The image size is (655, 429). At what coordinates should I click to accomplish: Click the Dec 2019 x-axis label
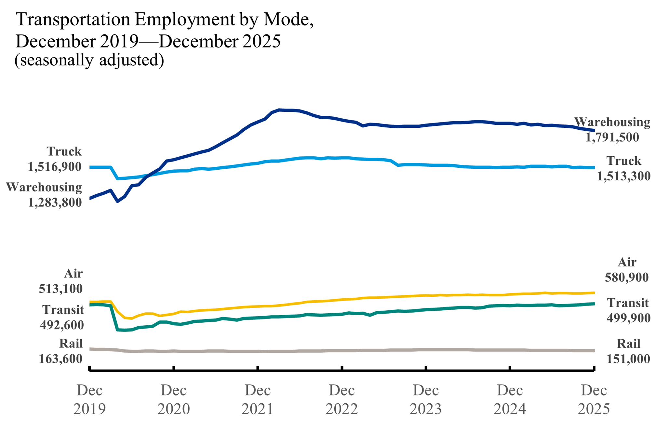click(89, 399)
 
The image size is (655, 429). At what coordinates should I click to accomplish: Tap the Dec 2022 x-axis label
click(341, 399)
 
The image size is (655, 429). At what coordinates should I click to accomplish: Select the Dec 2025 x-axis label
click(594, 399)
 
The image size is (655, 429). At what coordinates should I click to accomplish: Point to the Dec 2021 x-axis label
click(258, 399)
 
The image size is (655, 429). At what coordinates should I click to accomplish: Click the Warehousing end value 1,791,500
click(612, 137)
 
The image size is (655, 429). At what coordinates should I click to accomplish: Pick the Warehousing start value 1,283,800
click(55, 202)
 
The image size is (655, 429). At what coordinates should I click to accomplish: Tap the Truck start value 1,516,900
click(55, 167)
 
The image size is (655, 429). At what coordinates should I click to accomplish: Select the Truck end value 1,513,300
click(623, 176)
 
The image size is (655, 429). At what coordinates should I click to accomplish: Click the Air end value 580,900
click(626, 278)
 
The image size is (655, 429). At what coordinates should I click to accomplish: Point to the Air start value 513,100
click(60, 289)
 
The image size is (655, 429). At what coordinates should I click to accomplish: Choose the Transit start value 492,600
click(62, 325)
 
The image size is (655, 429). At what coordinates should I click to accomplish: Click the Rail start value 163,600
click(60, 359)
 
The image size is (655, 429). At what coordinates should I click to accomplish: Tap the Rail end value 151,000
click(628, 359)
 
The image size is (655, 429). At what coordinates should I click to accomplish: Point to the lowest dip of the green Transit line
click(125, 330)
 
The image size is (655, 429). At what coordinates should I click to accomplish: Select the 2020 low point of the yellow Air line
click(131, 318)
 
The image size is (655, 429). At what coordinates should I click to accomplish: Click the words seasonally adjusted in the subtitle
click(89, 60)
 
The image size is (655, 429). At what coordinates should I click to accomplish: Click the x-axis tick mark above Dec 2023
click(426, 368)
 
